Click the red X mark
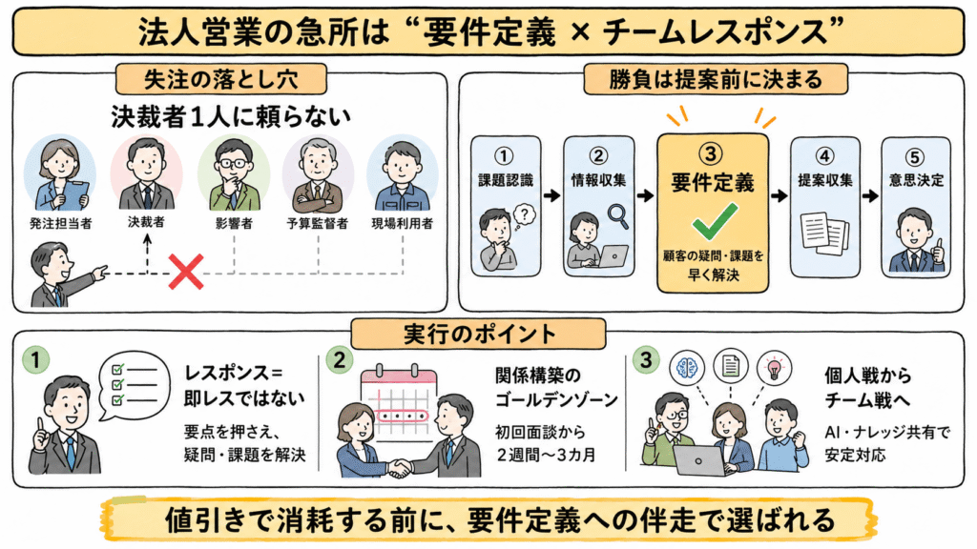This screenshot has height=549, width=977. pos(186,272)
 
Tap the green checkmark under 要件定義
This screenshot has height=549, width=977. pos(715,221)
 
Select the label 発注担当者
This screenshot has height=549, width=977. pos(60,223)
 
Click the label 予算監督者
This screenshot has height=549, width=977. pos(317,223)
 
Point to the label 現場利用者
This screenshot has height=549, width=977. pos(402,223)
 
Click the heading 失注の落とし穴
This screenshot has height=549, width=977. pos(221,80)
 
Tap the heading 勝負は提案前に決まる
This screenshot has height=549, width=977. pos(716,80)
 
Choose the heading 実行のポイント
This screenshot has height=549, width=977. pos(479,335)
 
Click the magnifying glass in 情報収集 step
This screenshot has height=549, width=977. pos(618,216)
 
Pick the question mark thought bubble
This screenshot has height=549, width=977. pos(524,216)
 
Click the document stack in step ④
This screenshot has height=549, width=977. pos(824,234)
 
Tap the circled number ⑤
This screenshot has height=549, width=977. pos(915,157)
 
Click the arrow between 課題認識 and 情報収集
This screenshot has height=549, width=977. pos(551,196)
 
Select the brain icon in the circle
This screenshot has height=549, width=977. pos(687,367)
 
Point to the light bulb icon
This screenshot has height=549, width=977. pos(774,367)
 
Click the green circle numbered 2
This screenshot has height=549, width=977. pos(339,359)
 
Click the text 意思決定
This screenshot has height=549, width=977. pos(916,180)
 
